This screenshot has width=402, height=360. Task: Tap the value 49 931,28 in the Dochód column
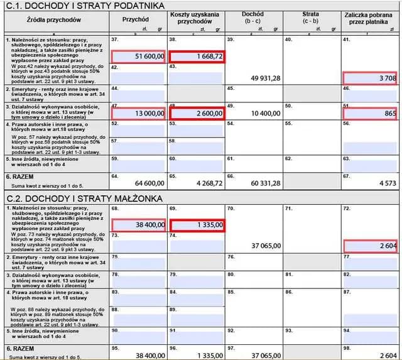click(x=265, y=79)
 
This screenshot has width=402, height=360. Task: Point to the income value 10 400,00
click(x=265, y=112)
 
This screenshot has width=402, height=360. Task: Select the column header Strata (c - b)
click(x=310, y=17)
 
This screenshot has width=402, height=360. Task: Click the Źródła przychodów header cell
click(x=55, y=20)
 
